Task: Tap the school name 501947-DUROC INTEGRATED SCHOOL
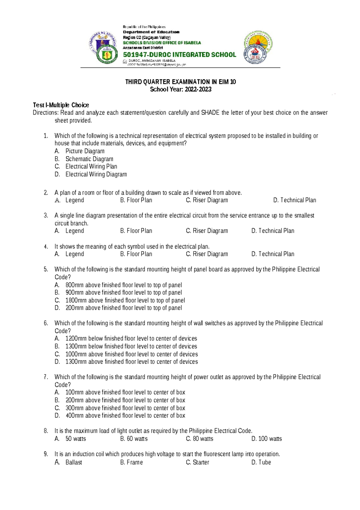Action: click(x=179, y=55)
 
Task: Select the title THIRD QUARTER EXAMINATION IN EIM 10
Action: click(x=180, y=82)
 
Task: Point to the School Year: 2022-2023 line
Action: click(x=181, y=89)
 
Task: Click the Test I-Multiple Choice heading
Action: click(x=61, y=105)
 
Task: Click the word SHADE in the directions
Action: click(x=210, y=113)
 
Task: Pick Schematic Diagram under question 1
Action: click(x=89, y=159)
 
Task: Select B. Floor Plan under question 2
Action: click(x=136, y=200)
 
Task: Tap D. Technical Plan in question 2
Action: click(x=294, y=200)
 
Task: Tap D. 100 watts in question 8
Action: click(x=266, y=439)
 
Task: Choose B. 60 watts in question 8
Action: click(x=134, y=439)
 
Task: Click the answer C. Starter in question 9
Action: click(x=197, y=462)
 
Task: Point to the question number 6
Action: click(x=46, y=323)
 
